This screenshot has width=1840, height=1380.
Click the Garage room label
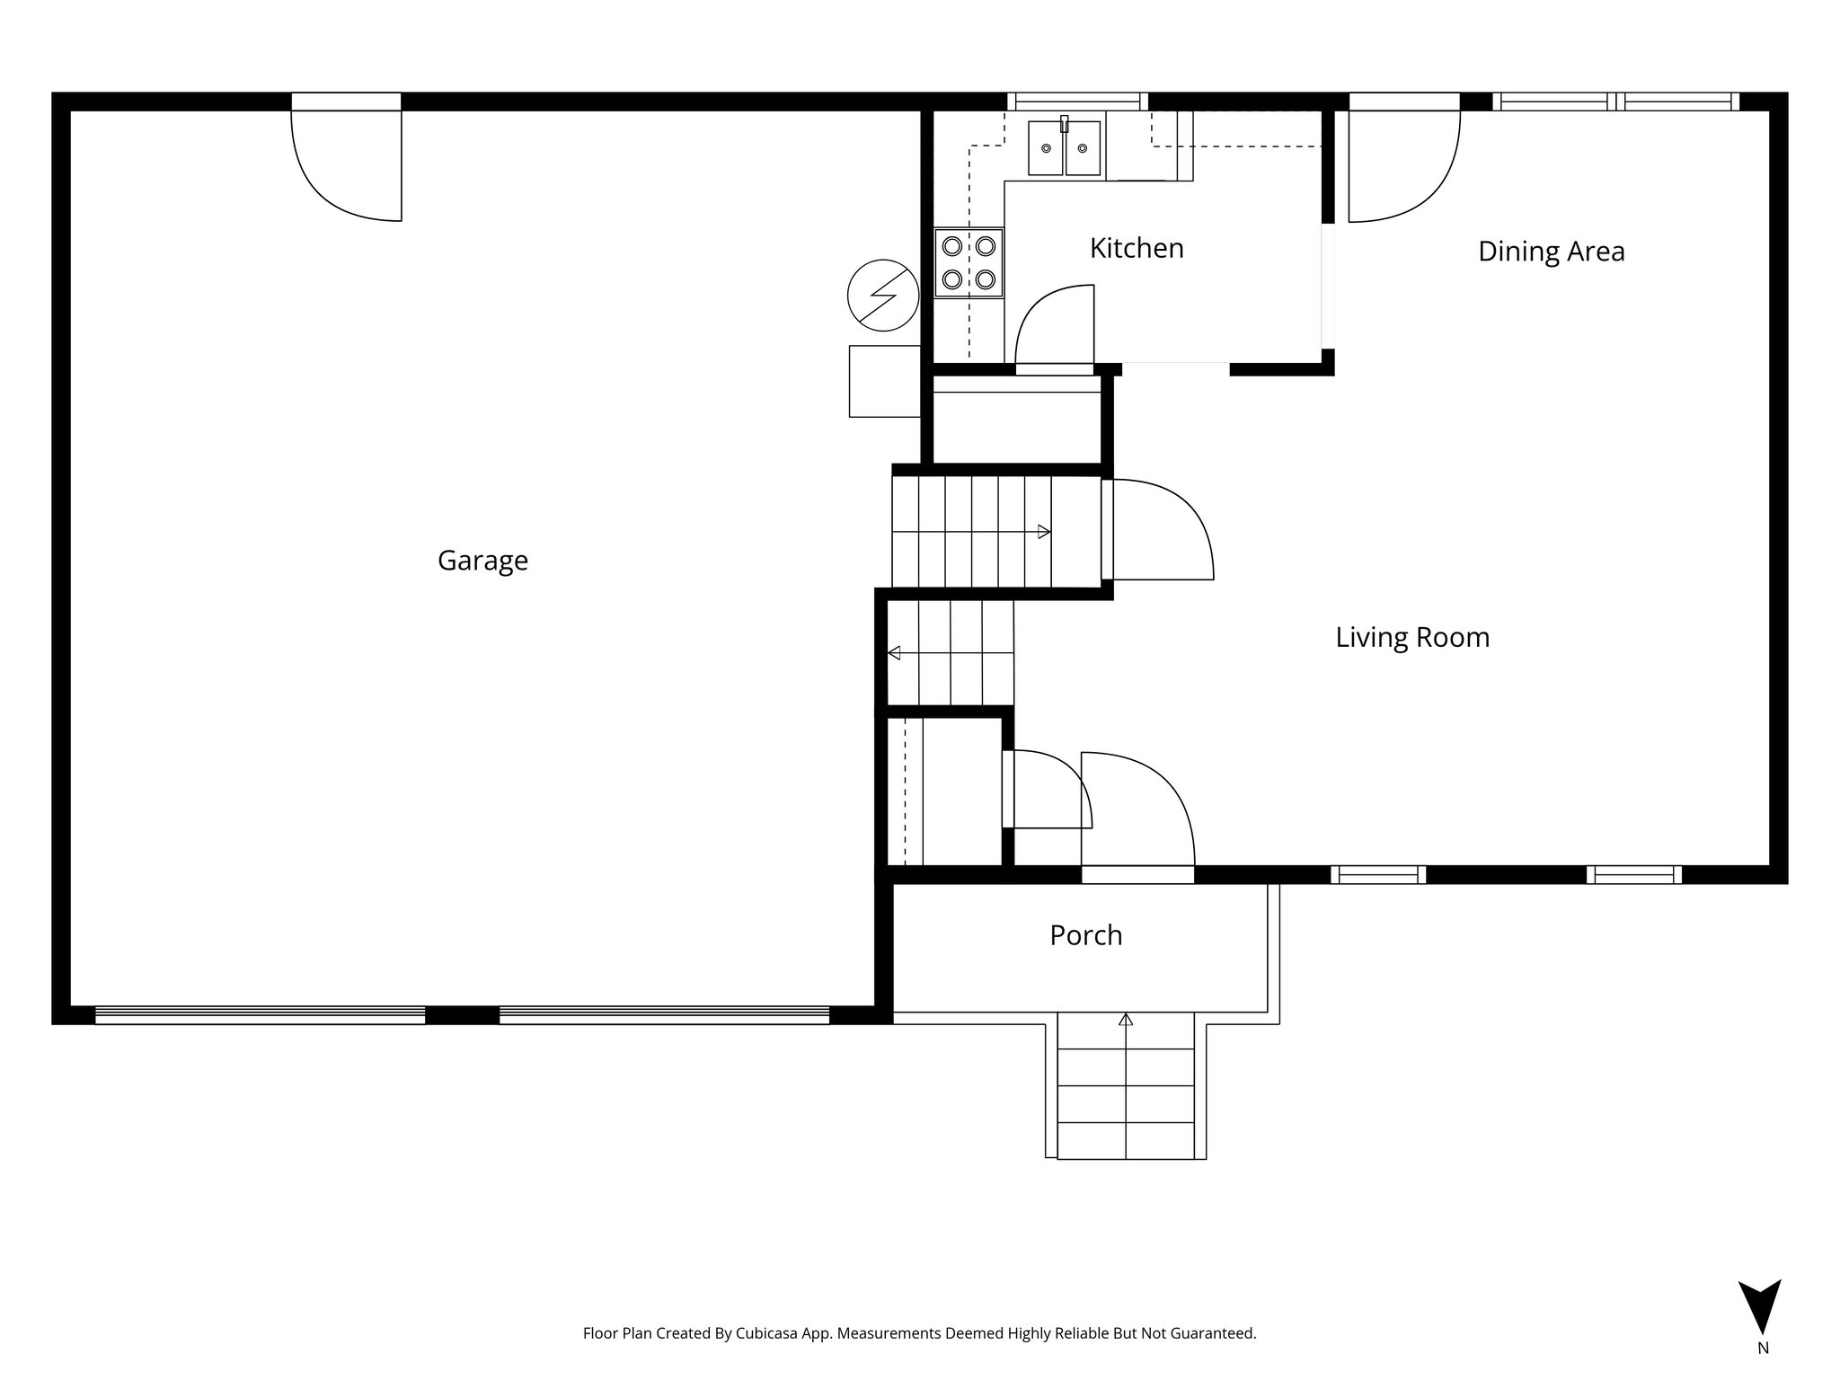pyautogui.click(x=482, y=561)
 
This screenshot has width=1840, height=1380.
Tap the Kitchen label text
pyautogui.click(x=1137, y=249)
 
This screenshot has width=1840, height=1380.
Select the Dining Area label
pyautogui.click(x=1551, y=252)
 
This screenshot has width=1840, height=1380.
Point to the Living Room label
pyautogui.click(x=1411, y=638)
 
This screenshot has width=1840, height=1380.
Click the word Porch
pyautogui.click(x=1085, y=936)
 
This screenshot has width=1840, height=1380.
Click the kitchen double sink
pyautogui.click(x=1065, y=148)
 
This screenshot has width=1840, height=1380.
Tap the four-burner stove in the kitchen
pyautogui.click(x=969, y=262)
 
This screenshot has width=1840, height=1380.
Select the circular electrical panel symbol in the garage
pyautogui.click(x=883, y=295)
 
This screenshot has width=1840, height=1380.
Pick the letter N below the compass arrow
pyautogui.click(x=1763, y=1349)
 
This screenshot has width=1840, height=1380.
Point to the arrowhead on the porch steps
pyautogui.click(x=1126, y=1020)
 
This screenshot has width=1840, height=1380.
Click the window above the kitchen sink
pyautogui.click(x=1076, y=102)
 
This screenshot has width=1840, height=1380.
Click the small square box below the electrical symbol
pyautogui.click(x=884, y=381)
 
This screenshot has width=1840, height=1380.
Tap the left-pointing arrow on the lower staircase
pyautogui.click(x=894, y=653)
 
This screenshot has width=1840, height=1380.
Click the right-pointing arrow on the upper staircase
pyautogui.click(x=1044, y=532)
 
